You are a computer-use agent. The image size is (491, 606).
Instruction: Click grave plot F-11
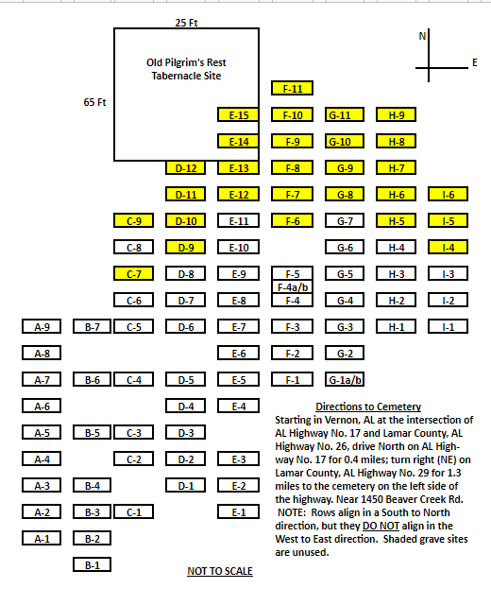tap(292, 88)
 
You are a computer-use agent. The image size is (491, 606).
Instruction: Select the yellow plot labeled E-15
tap(238, 114)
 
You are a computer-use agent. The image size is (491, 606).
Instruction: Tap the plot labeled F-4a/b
tap(292, 287)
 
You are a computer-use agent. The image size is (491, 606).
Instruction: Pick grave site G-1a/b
tap(345, 379)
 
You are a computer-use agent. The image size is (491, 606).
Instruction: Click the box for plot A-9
tap(42, 326)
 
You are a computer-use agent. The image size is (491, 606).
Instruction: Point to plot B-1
tap(93, 564)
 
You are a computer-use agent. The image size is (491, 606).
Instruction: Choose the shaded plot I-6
tap(449, 194)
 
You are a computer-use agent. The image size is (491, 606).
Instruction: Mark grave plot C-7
tap(133, 273)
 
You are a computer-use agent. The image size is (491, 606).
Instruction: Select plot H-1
tap(396, 326)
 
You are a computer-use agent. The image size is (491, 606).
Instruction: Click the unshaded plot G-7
tap(345, 220)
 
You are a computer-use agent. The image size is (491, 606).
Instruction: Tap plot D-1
tap(186, 485)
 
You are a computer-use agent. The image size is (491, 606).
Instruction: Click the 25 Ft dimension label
tap(186, 23)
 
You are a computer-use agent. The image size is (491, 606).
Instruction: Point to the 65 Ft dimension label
tap(94, 102)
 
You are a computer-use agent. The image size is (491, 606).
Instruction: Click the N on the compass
tap(422, 36)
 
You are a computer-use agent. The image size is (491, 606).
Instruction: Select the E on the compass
tap(475, 62)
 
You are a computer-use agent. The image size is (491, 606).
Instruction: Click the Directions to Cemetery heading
tap(368, 407)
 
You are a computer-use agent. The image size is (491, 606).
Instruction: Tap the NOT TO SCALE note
tap(220, 571)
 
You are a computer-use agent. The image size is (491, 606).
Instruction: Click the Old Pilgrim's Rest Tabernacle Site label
tap(186, 69)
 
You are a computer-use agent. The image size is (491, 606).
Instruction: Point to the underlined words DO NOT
tap(381, 526)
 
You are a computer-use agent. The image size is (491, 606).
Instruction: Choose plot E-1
tap(238, 512)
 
